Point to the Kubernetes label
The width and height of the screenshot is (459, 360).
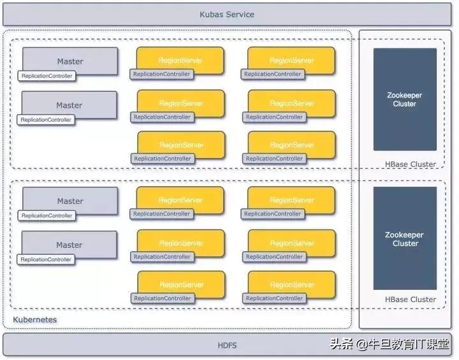[35, 319]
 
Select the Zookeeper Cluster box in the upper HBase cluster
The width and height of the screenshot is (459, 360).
[405, 99]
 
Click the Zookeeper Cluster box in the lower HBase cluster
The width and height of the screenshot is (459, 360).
[405, 238]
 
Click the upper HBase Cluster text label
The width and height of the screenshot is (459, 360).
[411, 164]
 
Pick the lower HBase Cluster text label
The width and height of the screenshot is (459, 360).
[411, 299]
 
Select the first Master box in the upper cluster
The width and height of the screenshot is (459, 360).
[70, 61]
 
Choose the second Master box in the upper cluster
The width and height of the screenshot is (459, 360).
[69, 104]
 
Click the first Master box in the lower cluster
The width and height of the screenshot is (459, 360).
[70, 200]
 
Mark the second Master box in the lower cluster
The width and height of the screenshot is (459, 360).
[69, 244]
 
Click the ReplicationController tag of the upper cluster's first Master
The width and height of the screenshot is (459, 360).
[47, 76]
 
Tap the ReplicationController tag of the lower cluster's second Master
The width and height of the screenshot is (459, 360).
[46, 259]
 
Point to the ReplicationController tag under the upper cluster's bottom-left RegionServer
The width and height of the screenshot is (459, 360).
[163, 159]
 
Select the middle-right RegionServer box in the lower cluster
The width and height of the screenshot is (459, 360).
[292, 242]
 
